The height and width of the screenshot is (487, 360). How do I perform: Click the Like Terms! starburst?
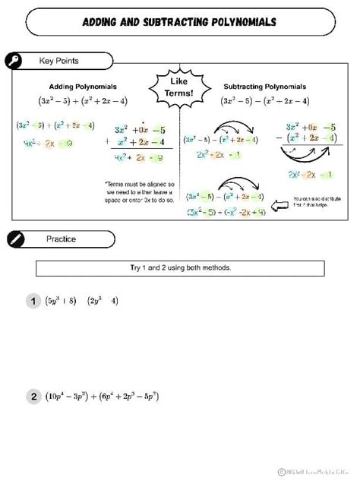179,87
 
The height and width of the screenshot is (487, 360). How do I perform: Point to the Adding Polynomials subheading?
83,87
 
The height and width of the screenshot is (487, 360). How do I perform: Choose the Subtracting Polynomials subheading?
265,87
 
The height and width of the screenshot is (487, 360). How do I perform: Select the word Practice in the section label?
61,239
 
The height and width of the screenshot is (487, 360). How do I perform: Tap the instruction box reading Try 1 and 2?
180,268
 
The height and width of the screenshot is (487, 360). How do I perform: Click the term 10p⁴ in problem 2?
59,397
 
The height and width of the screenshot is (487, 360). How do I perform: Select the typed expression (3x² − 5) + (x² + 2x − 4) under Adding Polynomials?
83,100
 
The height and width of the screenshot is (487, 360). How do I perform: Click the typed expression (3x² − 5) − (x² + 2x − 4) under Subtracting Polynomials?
265,100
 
